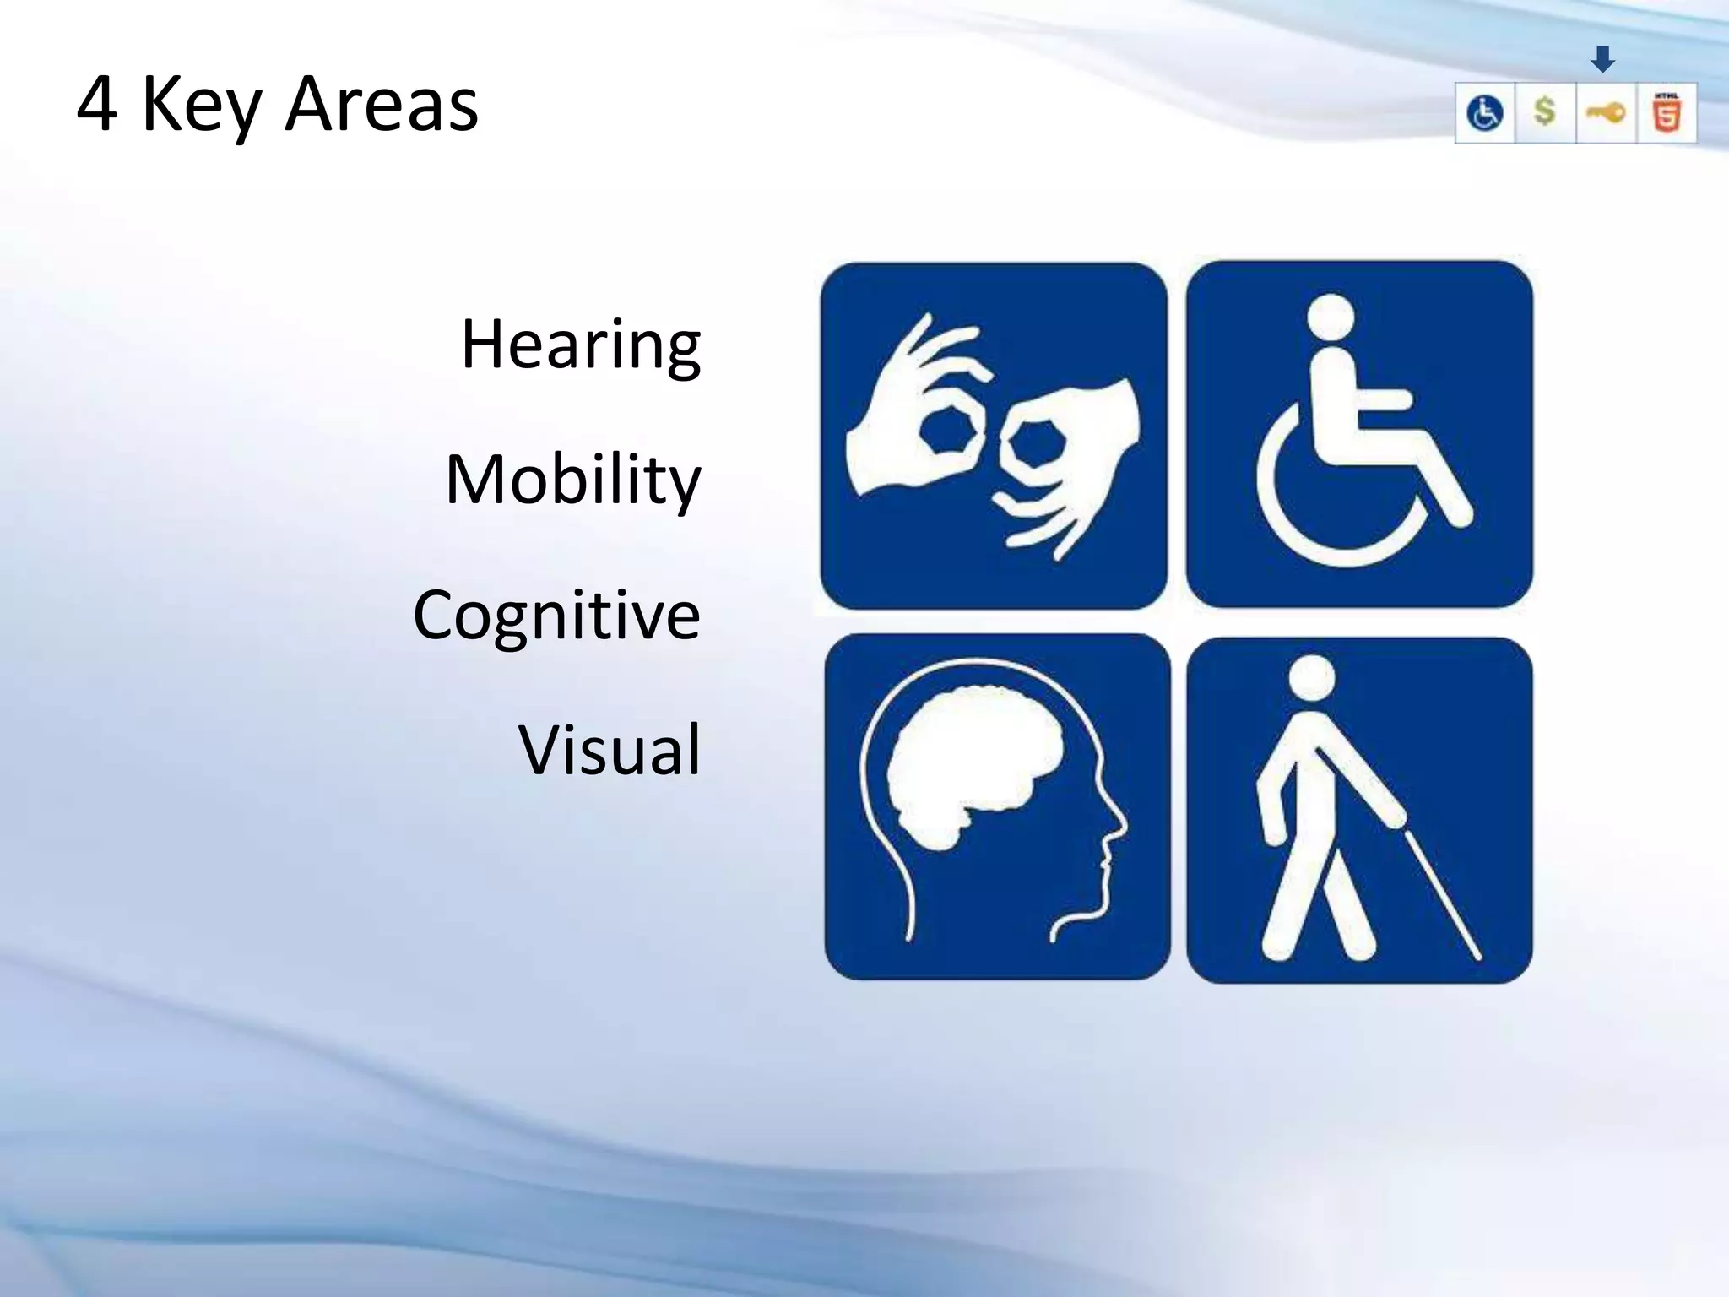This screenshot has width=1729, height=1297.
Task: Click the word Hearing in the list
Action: (x=581, y=345)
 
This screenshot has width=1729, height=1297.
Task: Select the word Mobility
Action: (x=573, y=480)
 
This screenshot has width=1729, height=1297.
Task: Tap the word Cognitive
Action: (x=556, y=615)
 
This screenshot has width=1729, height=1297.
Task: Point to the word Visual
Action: (x=609, y=750)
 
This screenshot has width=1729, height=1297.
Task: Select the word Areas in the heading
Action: (x=382, y=105)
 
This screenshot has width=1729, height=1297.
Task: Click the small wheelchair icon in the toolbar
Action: (x=1485, y=113)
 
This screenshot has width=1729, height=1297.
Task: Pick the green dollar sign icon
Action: (x=1545, y=111)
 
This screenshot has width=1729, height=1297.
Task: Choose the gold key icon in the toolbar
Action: (x=1606, y=112)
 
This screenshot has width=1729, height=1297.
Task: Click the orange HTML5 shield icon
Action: (x=1667, y=113)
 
